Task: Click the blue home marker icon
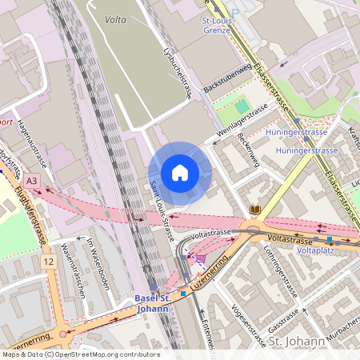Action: pos(180,173)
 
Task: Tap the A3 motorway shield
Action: pos(33,181)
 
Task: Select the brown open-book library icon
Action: pos(255,210)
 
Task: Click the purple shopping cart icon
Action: pos(200,258)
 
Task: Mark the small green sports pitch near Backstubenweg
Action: pos(242,106)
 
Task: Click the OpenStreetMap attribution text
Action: pos(80,354)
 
